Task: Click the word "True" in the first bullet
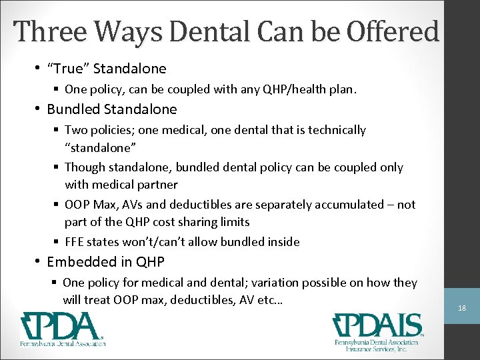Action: click(x=68, y=68)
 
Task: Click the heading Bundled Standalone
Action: click(x=111, y=109)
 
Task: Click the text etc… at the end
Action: click(x=269, y=300)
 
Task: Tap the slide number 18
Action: click(x=462, y=309)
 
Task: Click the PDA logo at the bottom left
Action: click(x=62, y=329)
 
